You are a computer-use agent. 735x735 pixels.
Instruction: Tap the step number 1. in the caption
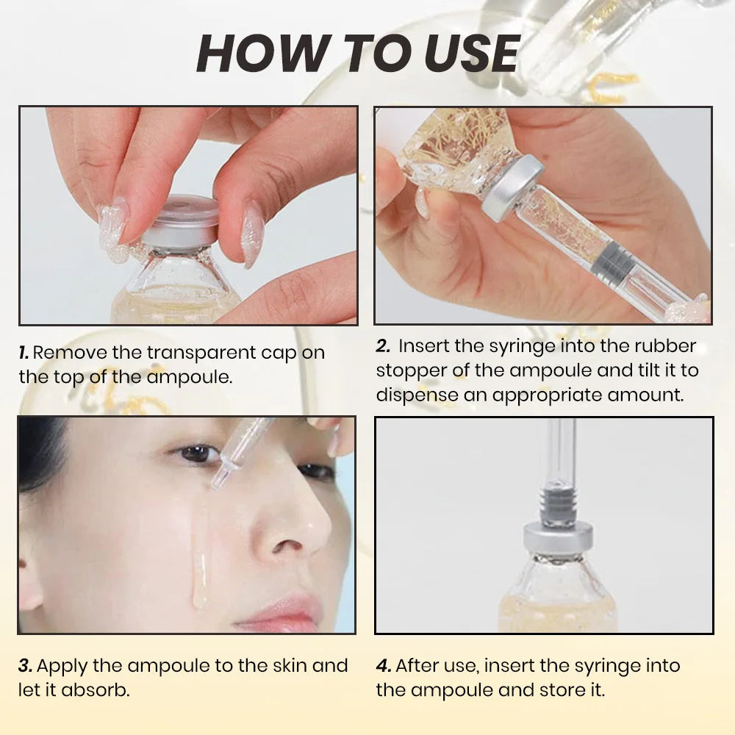[x=24, y=353]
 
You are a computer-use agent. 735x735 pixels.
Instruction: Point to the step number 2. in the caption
[x=383, y=346]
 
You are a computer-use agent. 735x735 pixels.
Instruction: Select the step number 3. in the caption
[x=26, y=666]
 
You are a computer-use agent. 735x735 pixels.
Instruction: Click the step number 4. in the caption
[x=384, y=666]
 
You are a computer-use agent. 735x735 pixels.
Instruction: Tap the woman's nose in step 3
[x=294, y=529]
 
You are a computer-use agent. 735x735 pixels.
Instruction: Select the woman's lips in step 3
[x=283, y=610]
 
